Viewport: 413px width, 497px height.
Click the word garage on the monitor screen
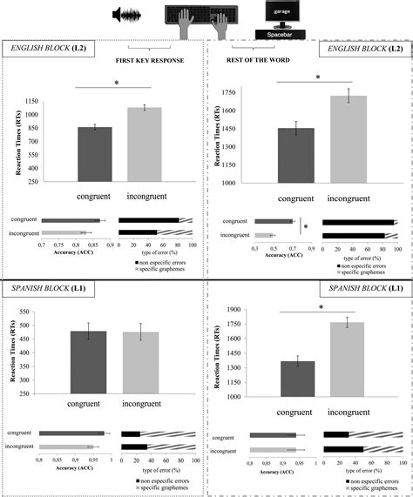(x=283, y=14)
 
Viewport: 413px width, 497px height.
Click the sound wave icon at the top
(x=128, y=16)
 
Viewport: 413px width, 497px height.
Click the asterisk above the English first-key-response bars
(x=114, y=84)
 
